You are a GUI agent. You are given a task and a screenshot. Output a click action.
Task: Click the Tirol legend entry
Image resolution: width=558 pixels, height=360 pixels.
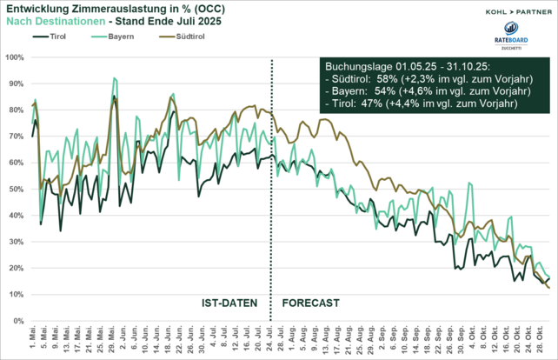[x=54, y=37]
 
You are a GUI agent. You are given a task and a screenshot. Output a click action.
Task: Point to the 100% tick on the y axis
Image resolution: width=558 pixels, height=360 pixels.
[x=14, y=57]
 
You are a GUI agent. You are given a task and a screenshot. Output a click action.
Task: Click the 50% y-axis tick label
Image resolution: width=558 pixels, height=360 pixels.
[x=16, y=189]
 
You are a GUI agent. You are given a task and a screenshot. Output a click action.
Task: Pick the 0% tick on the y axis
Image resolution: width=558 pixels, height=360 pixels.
[x=18, y=321]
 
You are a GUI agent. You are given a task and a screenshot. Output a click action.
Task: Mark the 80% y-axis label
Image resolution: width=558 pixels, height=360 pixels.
[x=16, y=110]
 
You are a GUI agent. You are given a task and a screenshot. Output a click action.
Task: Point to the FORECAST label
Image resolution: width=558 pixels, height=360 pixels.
[x=310, y=303]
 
